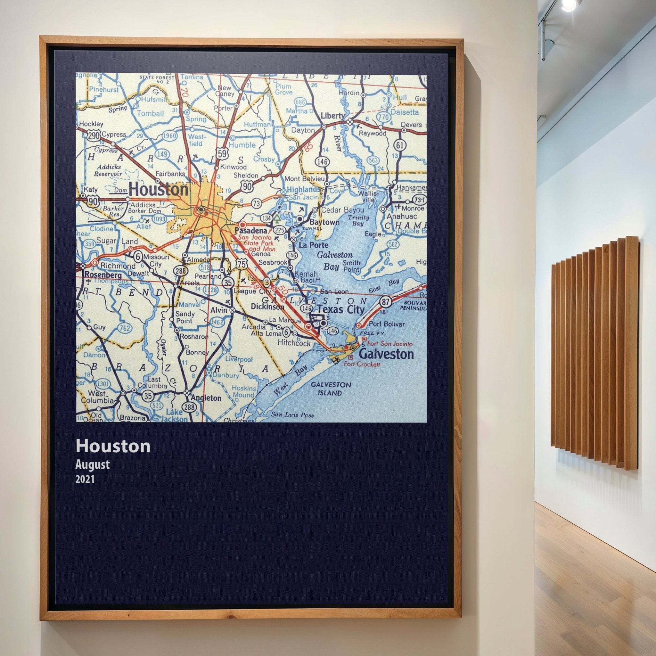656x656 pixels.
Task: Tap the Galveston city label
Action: (386, 354)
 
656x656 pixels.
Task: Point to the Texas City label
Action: (340, 309)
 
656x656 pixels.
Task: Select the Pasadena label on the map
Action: (251, 231)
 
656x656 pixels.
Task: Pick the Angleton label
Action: (206, 398)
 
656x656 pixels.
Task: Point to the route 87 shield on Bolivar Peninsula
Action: (385, 301)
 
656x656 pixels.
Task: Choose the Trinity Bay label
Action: (358, 220)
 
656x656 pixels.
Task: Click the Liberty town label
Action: (332, 116)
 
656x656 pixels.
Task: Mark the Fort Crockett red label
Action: (362, 364)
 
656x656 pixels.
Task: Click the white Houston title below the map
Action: (113, 446)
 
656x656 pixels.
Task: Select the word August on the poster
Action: (92, 464)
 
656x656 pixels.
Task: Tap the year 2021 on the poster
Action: (85, 479)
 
